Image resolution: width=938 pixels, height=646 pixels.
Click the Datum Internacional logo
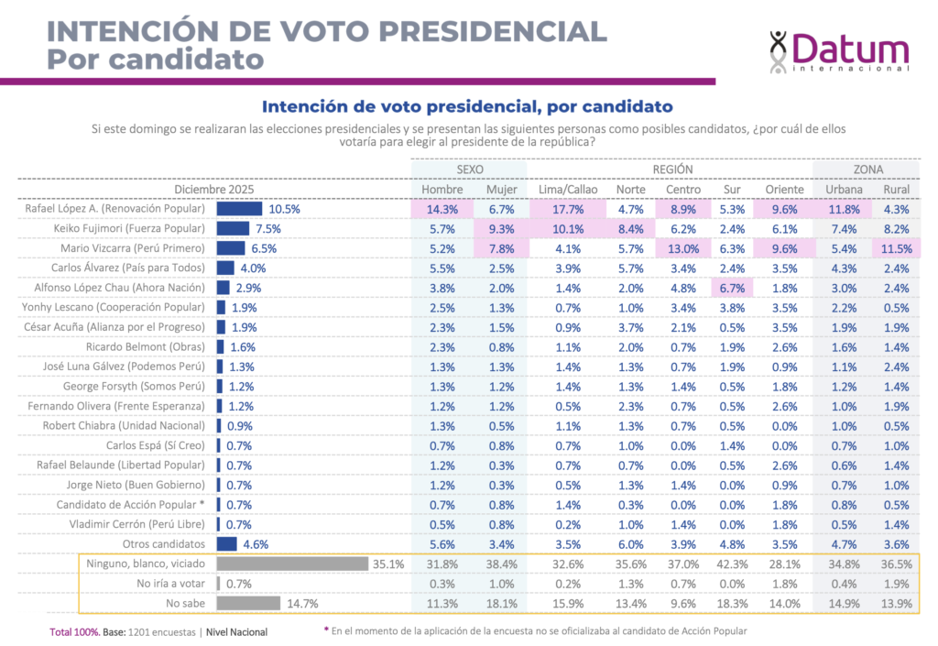839,51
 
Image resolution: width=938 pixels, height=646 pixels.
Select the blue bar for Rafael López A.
239,209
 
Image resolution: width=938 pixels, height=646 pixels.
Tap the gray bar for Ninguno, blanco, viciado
292,564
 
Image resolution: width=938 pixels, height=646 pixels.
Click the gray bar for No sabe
248,603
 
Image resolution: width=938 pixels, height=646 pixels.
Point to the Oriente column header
784,190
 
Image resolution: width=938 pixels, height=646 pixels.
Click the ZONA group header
868,170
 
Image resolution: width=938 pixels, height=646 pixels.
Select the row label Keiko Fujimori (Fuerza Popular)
129,228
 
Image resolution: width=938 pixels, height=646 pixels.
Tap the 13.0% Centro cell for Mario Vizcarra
682,248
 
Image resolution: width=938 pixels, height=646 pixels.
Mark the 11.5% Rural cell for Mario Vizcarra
897,248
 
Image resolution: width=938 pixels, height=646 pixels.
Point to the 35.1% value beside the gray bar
388,564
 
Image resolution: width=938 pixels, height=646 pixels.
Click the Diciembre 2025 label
214,190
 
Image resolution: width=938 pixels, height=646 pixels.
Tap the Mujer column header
502,190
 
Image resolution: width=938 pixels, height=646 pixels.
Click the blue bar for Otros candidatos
226,544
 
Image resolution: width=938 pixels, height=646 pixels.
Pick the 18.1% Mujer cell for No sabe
502,603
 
